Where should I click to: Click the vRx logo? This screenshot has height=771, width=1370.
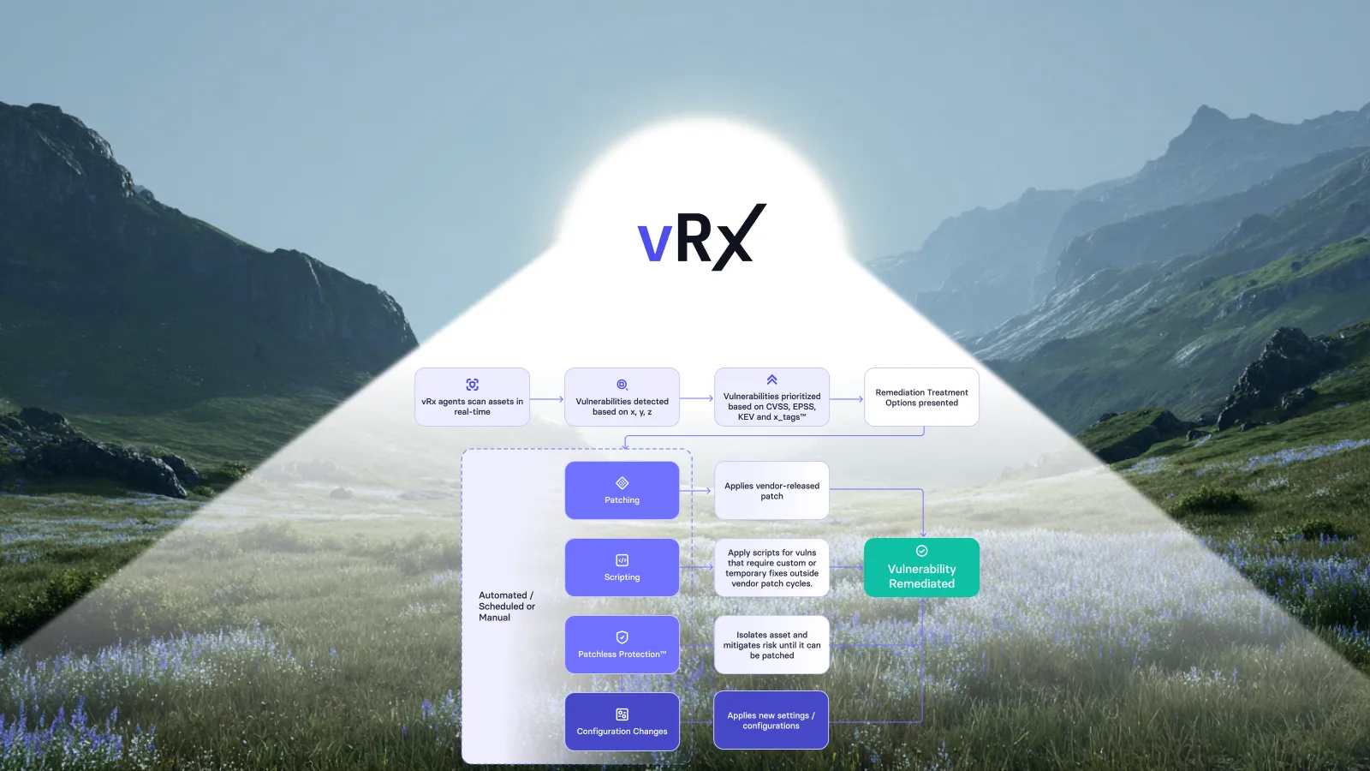tap(701, 236)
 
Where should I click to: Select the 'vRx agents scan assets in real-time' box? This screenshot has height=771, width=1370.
tap(472, 397)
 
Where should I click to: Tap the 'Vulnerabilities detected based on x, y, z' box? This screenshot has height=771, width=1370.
tap(622, 397)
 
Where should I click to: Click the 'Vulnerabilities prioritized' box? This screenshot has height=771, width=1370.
tap(771, 397)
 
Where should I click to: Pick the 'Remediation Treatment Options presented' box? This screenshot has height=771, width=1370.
tap(921, 397)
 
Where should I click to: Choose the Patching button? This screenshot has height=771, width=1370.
tap(622, 491)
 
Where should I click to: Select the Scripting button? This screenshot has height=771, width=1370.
tap(622, 568)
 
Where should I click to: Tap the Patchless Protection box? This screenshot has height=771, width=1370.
tap(622, 645)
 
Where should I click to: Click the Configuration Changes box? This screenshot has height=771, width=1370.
tap(622, 722)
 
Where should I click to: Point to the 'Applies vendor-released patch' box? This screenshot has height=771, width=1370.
tap(771, 491)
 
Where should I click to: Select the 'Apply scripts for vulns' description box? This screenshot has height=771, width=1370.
tap(771, 568)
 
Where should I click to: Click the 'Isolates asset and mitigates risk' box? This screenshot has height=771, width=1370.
tap(771, 645)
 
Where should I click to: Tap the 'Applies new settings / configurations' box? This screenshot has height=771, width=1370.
tap(771, 720)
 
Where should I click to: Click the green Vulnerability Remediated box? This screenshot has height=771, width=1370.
tap(921, 568)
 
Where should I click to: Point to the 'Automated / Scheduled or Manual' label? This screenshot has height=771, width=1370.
tap(507, 607)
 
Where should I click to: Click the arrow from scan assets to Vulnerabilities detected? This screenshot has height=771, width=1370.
tap(547, 399)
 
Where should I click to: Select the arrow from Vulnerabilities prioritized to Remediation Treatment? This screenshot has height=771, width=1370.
tap(847, 399)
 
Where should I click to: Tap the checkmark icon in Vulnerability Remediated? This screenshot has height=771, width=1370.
tap(921, 552)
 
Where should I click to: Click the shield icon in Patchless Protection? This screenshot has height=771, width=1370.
tap(622, 637)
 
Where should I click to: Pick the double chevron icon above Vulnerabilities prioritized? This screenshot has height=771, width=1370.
tap(771, 380)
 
